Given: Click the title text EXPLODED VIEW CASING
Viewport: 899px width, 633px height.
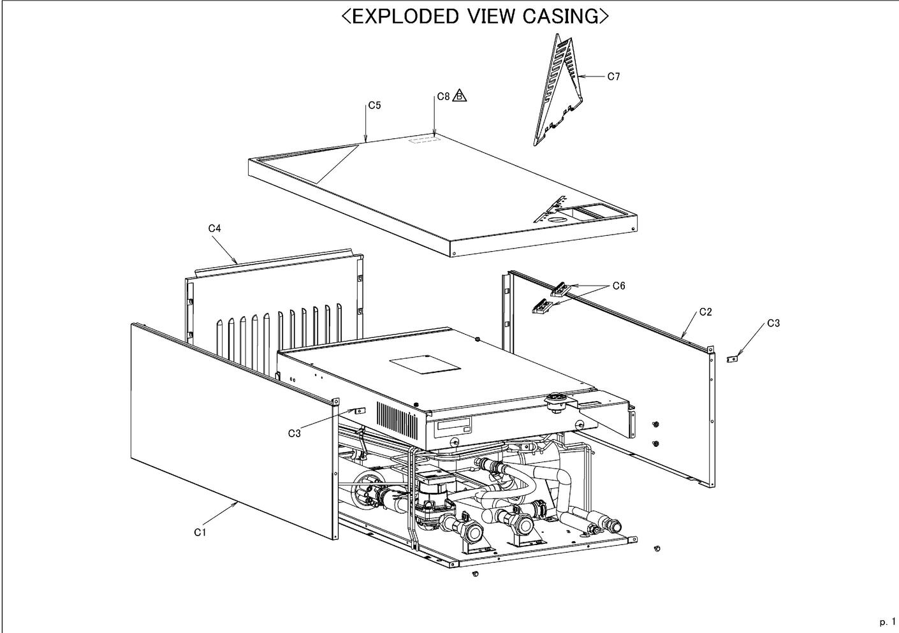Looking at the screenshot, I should (475, 17).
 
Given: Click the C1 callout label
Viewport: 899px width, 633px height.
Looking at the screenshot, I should (200, 532).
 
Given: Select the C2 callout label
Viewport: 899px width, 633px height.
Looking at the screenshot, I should (705, 312).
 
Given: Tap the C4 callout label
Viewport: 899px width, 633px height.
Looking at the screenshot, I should (214, 228).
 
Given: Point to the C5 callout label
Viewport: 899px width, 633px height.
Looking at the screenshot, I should (374, 105).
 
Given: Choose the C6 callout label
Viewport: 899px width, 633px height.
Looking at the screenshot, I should (618, 286).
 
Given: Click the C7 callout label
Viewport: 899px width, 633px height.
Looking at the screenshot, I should (613, 76).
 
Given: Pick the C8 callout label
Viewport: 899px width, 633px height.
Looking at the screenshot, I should (444, 97).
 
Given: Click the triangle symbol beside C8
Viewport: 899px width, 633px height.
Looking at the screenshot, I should (460, 96).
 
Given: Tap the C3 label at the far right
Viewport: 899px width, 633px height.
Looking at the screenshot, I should (773, 323).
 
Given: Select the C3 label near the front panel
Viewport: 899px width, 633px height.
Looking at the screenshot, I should (294, 433).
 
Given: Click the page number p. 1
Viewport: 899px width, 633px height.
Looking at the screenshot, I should (887, 622).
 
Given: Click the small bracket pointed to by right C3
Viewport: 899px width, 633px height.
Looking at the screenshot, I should (733, 359).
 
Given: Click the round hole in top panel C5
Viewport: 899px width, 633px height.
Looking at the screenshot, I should (557, 217).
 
